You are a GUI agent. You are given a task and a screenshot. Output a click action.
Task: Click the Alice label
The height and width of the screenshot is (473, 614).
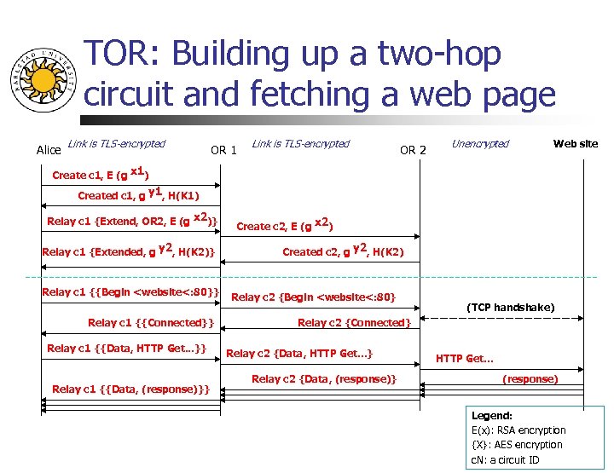tap(49, 150)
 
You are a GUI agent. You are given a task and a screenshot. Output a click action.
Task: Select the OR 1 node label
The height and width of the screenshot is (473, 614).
tap(223, 150)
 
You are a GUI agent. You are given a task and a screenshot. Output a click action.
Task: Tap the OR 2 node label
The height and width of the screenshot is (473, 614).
tap(413, 150)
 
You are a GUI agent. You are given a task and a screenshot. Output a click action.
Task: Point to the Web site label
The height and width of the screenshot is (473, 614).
tap(576, 143)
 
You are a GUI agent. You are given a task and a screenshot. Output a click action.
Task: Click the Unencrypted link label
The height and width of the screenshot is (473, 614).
tap(480, 144)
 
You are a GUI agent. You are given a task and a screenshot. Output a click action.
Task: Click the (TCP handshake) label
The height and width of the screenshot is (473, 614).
tap(510, 307)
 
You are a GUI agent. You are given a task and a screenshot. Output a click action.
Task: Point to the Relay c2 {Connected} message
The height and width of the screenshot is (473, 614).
tap(354, 322)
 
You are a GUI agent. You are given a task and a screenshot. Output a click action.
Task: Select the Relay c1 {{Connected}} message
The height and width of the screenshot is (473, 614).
tap(149, 322)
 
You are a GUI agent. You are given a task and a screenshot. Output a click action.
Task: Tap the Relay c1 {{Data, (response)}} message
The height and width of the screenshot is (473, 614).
tap(131, 389)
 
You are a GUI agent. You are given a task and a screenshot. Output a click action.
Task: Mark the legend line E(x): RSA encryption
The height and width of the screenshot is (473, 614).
tap(517, 430)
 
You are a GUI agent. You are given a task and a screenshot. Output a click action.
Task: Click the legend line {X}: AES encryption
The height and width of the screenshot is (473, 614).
tap(517, 444)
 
